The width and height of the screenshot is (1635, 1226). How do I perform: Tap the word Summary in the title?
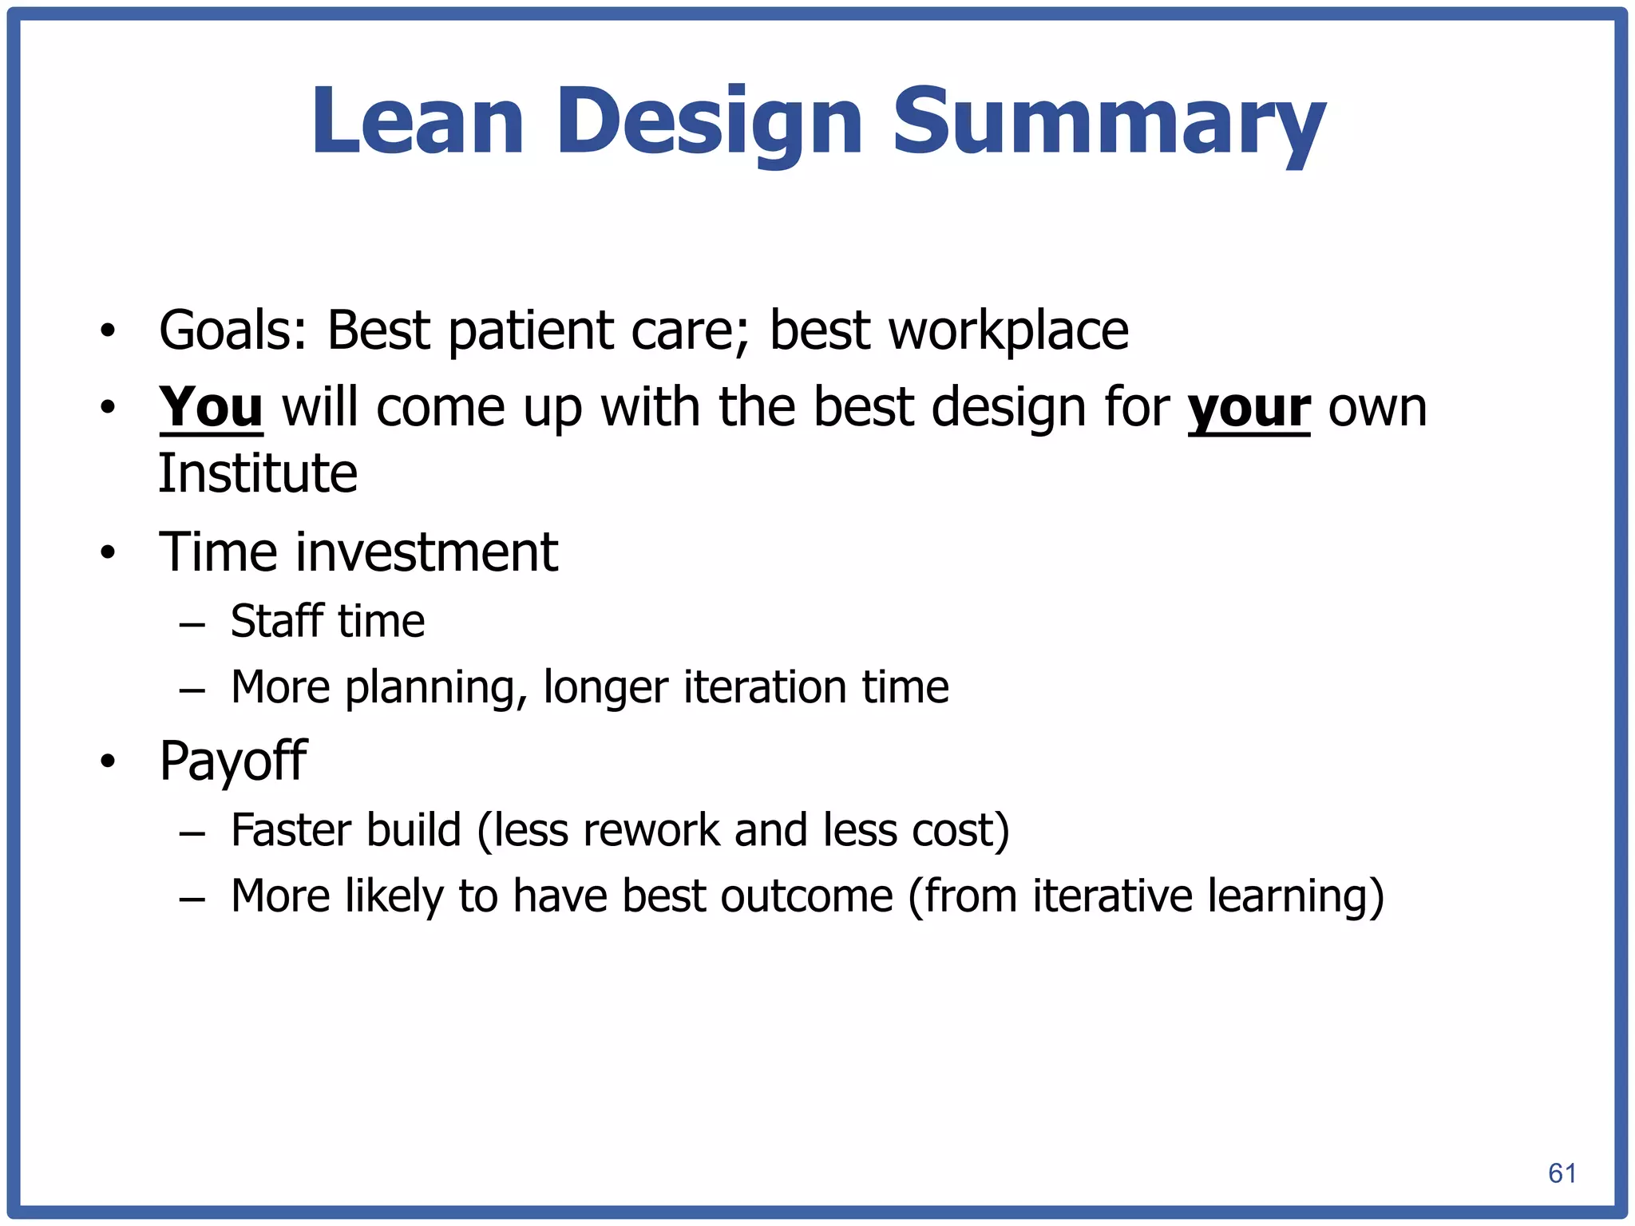click(1108, 124)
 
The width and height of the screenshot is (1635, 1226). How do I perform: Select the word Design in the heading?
click(710, 124)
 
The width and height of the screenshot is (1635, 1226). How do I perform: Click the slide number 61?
click(1562, 1173)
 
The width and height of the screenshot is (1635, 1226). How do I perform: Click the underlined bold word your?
click(1249, 409)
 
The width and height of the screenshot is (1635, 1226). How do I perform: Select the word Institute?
click(258, 473)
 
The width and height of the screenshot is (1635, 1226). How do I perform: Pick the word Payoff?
click(232, 761)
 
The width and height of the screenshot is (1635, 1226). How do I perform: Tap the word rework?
click(651, 830)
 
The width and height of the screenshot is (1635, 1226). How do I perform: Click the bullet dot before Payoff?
click(108, 761)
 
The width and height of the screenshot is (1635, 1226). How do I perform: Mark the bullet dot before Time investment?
click(108, 552)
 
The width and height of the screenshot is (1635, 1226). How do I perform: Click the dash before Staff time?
click(192, 623)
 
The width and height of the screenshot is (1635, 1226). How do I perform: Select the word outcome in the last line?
click(806, 896)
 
